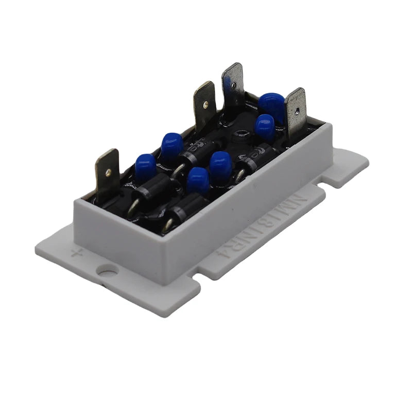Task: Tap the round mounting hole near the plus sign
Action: point(108,270)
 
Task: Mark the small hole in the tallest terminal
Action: point(234,84)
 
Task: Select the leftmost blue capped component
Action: point(145,165)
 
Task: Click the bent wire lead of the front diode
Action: point(168,226)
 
